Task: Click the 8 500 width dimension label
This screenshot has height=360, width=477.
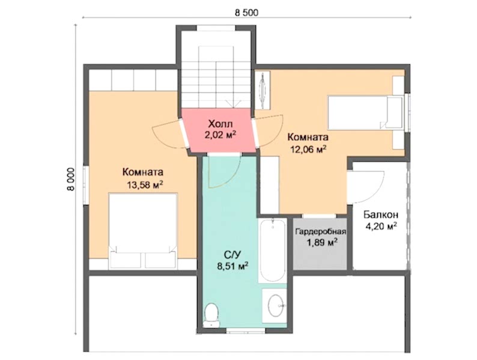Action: tap(246, 13)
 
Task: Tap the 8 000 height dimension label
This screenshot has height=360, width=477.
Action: tap(70, 179)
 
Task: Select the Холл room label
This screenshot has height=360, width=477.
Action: tap(220, 124)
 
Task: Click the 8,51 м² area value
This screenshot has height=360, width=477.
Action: tap(232, 267)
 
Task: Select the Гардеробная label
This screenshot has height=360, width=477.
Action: tap(321, 231)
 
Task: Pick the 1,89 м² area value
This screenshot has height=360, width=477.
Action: tap(321, 243)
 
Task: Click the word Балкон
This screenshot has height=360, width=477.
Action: tap(381, 215)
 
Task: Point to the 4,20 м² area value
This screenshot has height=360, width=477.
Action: tap(381, 226)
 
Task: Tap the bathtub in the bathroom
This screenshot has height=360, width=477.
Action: tap(272, 251)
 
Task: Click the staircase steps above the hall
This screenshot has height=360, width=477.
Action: tap(217, 77)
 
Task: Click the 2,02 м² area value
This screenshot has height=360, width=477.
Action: tap(220, 135)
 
